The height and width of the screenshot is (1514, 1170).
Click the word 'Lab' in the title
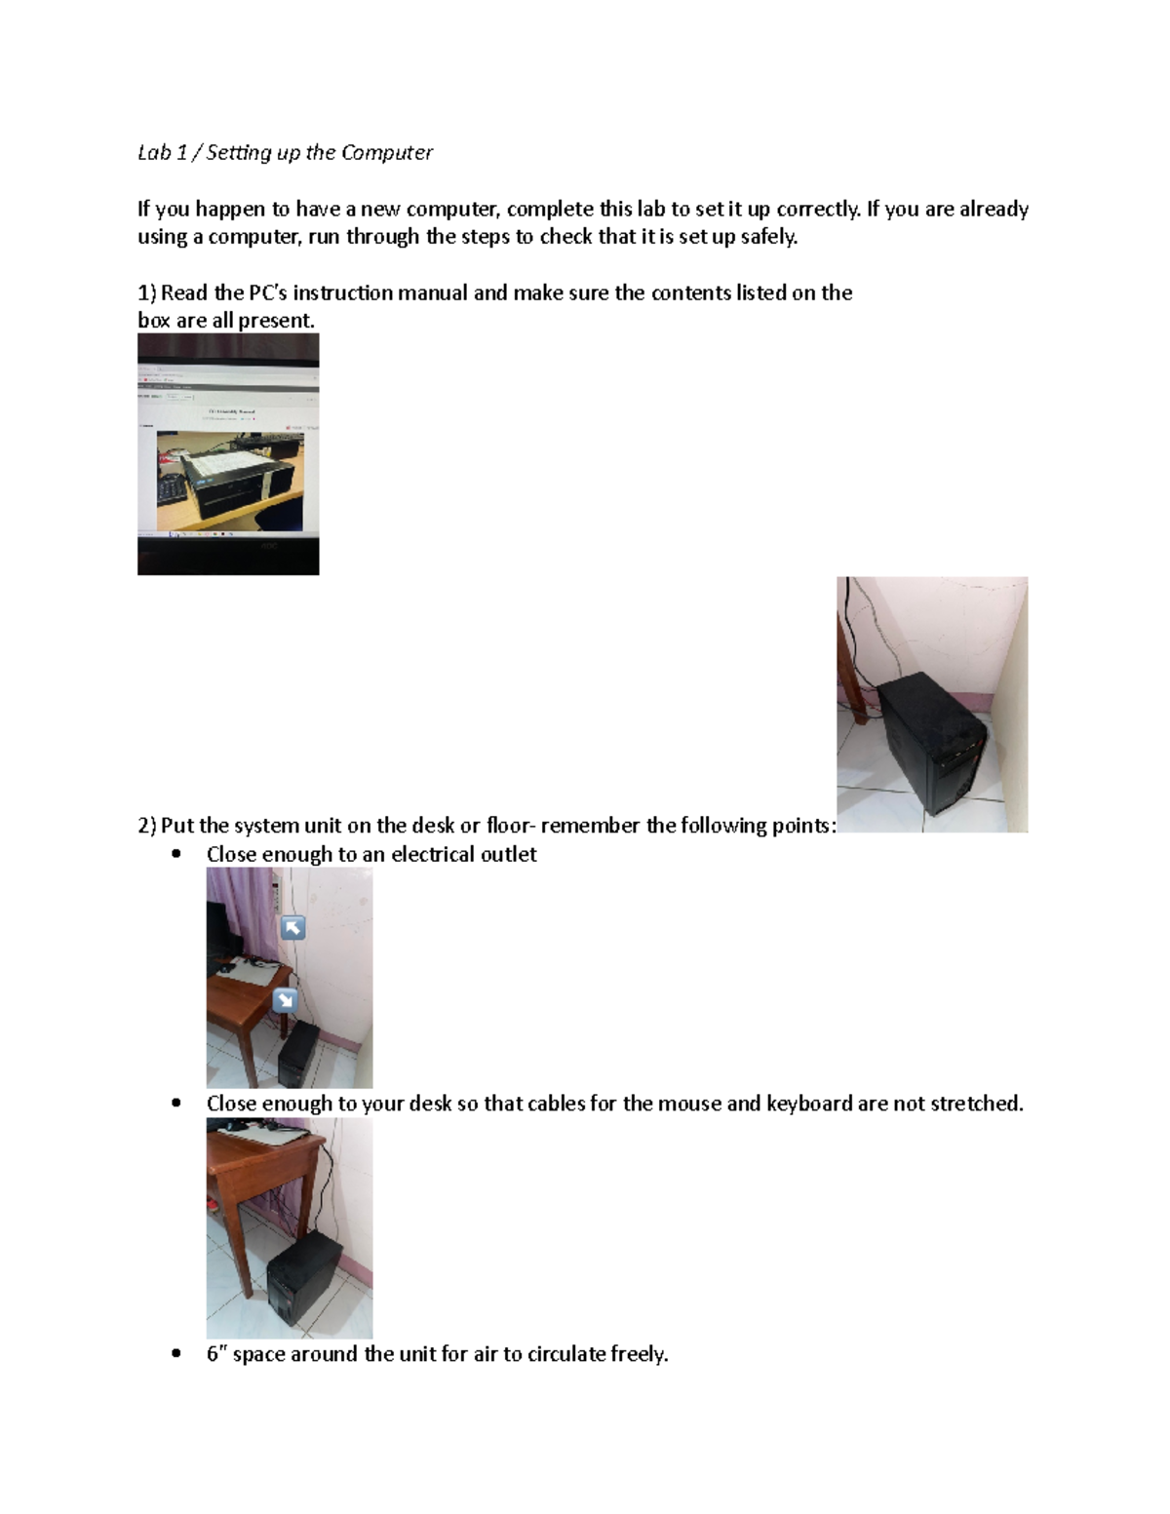click(154, 152)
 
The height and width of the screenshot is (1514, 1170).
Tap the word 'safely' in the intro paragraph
click(768, 236)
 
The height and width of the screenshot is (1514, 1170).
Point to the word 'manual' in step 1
click(428, 292)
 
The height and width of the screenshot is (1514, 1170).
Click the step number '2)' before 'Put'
click(146, 826)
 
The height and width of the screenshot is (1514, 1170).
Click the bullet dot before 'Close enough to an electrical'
click(176, 854)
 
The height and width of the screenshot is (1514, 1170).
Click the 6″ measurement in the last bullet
click(216, 1354)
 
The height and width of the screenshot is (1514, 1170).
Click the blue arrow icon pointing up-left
click(292, 927)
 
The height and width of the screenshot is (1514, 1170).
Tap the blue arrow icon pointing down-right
click(285, 999)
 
